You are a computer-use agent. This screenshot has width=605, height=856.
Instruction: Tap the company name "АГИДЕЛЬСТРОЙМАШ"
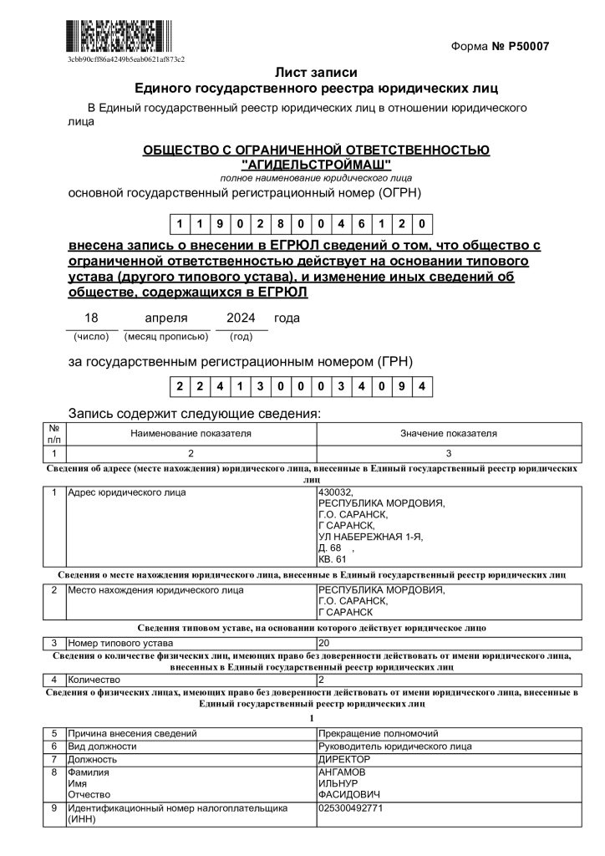tap(315, 164)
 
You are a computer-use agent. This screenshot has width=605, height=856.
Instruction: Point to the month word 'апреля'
tap(165, 318)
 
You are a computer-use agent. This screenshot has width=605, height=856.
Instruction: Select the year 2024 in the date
tap(241, 318)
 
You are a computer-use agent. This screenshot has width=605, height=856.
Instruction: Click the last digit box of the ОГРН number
tap(424, 224)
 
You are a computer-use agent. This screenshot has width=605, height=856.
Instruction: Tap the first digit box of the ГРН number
tap(180, 386)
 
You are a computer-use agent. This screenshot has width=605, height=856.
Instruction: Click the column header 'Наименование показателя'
tap(191, 434)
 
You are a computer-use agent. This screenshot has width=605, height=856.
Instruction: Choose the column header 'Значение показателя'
tap(448, 434)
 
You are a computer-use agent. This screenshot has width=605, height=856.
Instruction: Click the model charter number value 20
tap(325, 644)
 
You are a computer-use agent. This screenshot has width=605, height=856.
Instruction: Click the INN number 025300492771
tap(352, 808)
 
